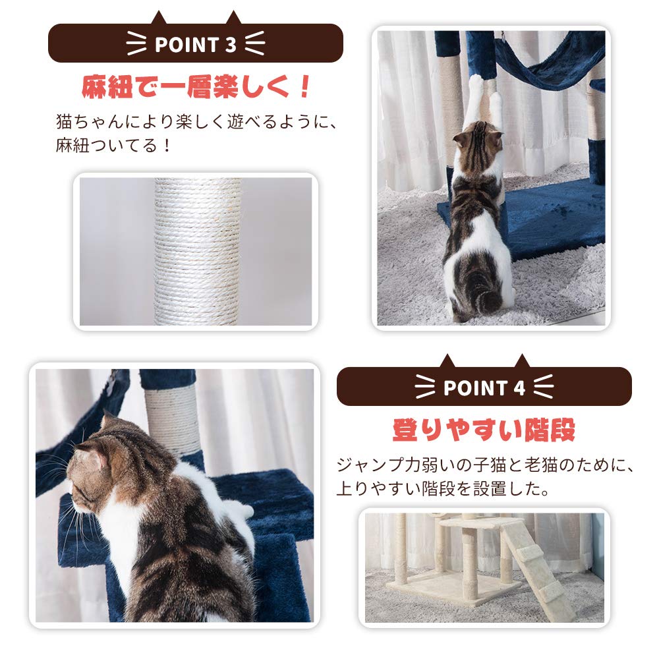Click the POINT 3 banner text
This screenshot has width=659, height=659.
pos(195,45)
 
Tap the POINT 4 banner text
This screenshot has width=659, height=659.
pos(484,387)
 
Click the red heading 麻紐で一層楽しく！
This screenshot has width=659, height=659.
pos(195,86)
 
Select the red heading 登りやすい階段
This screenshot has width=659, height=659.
pos(484,430)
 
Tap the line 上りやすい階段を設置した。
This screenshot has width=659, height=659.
pos(443,490)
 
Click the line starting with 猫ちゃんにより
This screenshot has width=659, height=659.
pos(196,122)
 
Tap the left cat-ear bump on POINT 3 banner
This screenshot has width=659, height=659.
pos(159,18)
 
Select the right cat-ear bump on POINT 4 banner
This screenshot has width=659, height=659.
pos(522,361)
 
